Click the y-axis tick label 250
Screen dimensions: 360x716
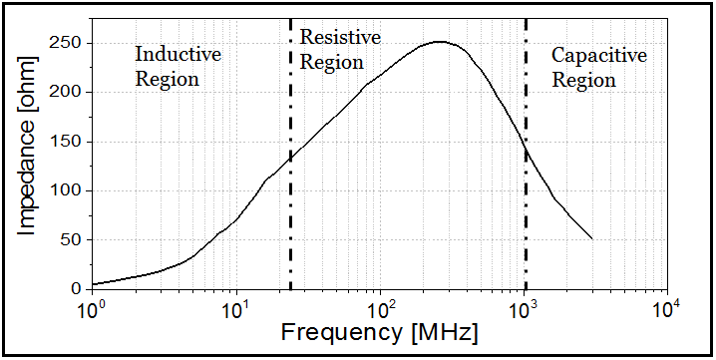pyautogui.click(x=69, y=43)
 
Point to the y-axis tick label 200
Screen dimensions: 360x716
pyautogui.click(x=69, y=92)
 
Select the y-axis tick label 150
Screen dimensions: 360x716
pyautogui.click(x=69, y=142)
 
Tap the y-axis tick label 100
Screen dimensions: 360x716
pyautogui.click(x=69, y=190)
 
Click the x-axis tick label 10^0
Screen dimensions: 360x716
pyautogui.click(x=93, y=307)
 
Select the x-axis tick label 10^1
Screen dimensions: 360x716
pyautogui.click(x=236, y=307)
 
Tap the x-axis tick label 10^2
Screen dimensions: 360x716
pyautogui.click(x=380, y=307)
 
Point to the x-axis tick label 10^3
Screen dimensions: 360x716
pyautogui.click(x=524, y=307)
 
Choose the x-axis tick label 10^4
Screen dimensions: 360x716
pyautogui.click(x=667, y=307)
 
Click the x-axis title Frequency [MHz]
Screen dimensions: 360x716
pyautogui.click(x=379, y=331)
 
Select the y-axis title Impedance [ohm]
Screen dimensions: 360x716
pyautogui.click(x=28, y=165)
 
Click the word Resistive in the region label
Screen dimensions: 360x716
pyautogui.click(x=340, y=38)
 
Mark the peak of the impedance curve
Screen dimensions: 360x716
pyautogui.click(x=439, y=42)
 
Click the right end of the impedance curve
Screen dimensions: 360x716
pyautogui.click(x=592, y=239)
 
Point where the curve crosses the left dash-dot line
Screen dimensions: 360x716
pyautogui.click(x=290, y=156)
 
